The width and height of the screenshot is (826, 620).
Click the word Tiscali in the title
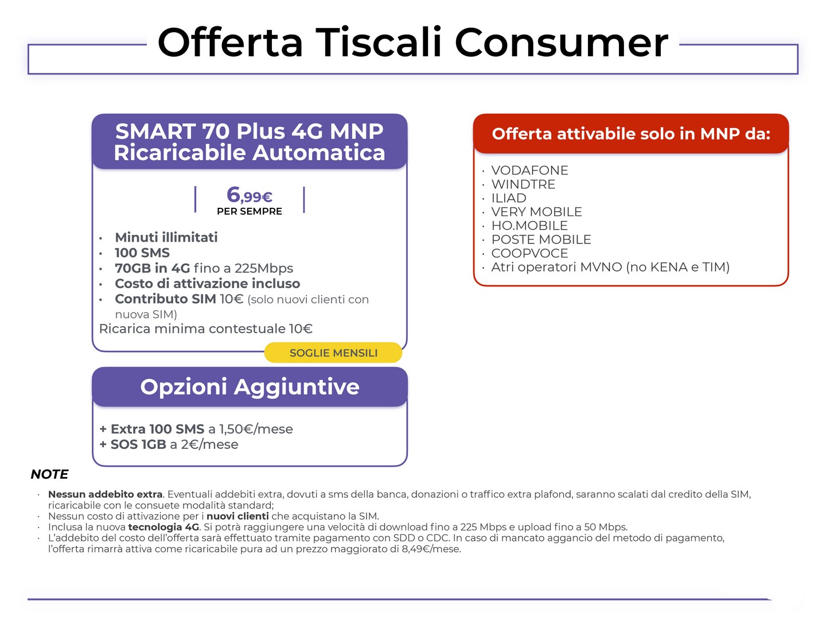379,42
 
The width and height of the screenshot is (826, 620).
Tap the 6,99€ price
249,195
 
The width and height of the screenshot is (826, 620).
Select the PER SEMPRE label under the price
249,211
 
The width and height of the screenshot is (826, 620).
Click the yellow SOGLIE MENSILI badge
333,352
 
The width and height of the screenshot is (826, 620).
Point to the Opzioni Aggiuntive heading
250,386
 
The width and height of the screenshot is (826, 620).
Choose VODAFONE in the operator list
529,170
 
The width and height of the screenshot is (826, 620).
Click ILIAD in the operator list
509,198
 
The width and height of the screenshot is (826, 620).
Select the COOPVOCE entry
529,253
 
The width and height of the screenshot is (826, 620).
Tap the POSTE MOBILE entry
541,239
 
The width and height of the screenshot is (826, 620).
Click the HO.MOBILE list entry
529,226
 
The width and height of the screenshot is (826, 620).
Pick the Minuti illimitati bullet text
166,237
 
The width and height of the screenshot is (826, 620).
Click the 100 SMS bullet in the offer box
142,253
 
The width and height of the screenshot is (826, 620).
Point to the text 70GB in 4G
153,268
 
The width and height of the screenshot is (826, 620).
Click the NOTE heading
49,474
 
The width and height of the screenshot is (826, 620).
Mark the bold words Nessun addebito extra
106,494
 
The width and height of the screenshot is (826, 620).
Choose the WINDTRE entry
523,184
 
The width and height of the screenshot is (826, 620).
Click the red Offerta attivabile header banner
631,134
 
